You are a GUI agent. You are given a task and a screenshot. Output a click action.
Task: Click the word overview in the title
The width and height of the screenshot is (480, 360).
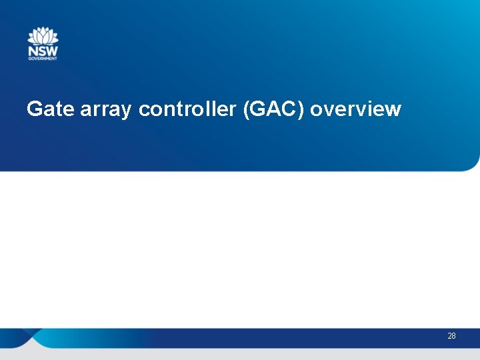click(x=355, y=109)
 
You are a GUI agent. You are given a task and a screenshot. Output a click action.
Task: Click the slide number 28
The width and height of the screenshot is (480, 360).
click(x=451, y=336)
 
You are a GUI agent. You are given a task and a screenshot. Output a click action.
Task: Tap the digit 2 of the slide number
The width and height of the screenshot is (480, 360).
click(x=449, y=336)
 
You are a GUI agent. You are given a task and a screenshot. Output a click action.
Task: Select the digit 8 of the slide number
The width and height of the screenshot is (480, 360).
click(x=454, y=336)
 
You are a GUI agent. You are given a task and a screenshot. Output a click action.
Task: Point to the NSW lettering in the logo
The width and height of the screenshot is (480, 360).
click(x=43, y=50)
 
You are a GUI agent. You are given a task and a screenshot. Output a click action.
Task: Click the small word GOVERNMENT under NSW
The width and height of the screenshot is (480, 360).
click(x=43, y=59)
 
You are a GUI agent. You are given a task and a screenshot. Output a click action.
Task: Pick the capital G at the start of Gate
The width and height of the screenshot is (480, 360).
click(x=34, y=109)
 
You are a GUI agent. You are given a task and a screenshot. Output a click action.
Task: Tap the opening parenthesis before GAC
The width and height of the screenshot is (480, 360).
click(x=246, y=109)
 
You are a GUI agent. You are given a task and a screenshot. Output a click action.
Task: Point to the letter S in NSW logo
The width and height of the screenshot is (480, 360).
click(x=41, y=50)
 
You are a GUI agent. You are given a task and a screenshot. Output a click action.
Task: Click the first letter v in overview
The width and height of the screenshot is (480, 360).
click(x=324, y=110)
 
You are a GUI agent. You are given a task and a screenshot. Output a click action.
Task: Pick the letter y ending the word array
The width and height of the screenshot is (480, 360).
click(x=127, y=111)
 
